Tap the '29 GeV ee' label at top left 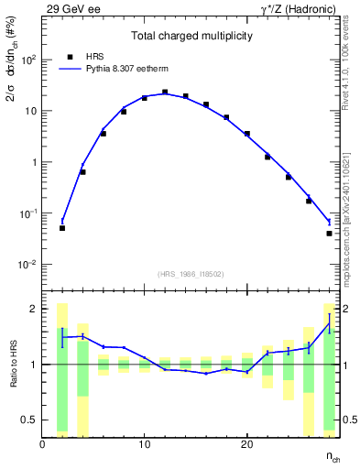[71, 8]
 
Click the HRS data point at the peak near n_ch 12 [165, 93]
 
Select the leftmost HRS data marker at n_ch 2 [62, 228]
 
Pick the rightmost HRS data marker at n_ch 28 [329, 234]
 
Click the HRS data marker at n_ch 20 [247, 134]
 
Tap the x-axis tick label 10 [144, 444]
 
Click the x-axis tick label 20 [246, 444]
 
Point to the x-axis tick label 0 [42, 444]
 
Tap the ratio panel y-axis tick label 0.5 [29, 420]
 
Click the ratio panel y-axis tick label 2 [34, 309]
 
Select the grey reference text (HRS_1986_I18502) [191, 274]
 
